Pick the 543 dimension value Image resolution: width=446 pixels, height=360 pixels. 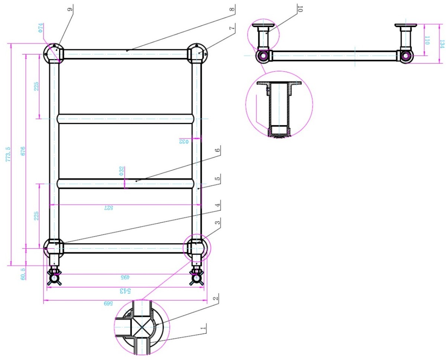[123, 291]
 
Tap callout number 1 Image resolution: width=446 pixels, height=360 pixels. [203, 328]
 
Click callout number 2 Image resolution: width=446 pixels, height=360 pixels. [215, 298]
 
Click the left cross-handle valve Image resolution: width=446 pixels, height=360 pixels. [54, 278]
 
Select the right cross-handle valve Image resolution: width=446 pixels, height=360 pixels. [195, 278]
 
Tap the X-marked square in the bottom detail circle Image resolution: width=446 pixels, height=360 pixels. [140, 327]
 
